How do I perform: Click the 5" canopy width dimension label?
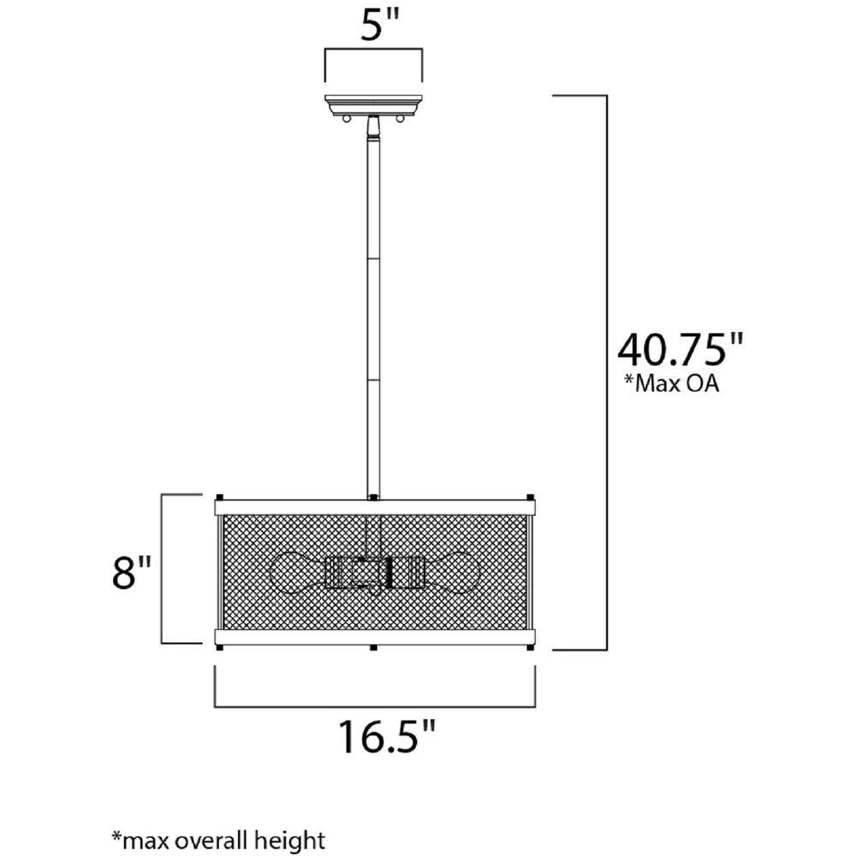pyautogui.click(x=380, y=25)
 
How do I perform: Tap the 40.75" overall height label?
pyautogui.click(x=680, y=349)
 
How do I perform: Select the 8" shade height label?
pyautogui.click(x=131, y=572)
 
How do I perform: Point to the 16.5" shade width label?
pyautogui.click(x=387, y=736)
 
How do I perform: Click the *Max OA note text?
pyautogui.click(x=671, y=383)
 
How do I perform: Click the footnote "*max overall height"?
pyautogui.click(x=218, y=840)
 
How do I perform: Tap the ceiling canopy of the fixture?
pyautogui.click(x=373, y=104)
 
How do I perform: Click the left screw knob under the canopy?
pyautogui.click(x=346, y=118)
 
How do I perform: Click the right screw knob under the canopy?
pyautogui.click(x=400, y=118)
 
